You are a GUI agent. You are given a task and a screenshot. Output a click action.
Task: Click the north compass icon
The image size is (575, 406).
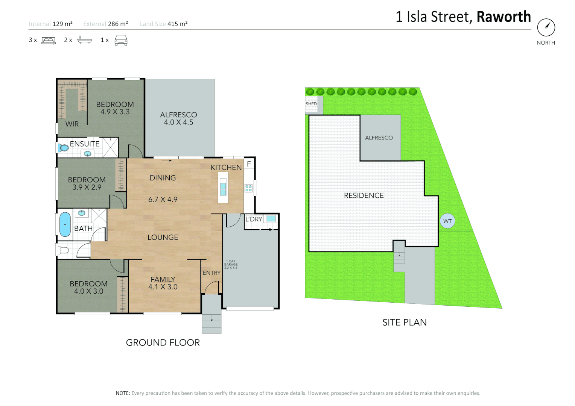click(546, 27)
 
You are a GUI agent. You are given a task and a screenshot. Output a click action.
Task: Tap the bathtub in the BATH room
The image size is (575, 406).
click(65, 224)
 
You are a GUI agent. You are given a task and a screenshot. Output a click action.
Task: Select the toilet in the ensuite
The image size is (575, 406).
click(63, 148)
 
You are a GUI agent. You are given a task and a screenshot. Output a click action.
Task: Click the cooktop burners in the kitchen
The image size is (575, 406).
click(248, 188)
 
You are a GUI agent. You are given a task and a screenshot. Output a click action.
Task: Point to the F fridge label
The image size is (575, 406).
click(249, 164)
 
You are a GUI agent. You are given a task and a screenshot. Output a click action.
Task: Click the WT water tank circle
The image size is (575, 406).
click(447, 221)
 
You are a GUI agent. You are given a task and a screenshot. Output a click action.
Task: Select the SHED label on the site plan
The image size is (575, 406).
click(311, 104)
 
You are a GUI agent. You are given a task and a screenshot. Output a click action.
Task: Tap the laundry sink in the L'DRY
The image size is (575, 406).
click(271, 218)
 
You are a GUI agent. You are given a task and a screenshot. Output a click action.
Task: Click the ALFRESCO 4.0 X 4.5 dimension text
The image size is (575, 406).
click(178, 123)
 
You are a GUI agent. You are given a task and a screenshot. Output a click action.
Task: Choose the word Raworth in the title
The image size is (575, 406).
click(504, 17)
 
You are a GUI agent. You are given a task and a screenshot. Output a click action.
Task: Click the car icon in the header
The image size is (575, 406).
click(121, 40)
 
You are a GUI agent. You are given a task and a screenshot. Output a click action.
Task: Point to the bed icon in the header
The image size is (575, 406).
click(48, 40)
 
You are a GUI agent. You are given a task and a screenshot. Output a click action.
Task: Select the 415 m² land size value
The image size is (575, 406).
click(177, 24)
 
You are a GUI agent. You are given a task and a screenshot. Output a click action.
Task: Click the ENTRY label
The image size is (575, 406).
click(211, 273)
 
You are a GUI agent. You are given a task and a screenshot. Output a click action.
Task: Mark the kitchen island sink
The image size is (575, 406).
click(223, 189)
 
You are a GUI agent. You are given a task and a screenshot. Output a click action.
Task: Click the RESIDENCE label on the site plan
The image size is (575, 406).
click(364, 195)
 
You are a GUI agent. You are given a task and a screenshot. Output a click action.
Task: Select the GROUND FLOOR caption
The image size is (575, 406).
click(163, 342)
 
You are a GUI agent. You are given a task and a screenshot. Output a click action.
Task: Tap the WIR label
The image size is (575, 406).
click(72, 124)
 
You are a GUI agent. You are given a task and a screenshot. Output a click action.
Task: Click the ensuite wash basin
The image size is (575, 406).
click(88, 153)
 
